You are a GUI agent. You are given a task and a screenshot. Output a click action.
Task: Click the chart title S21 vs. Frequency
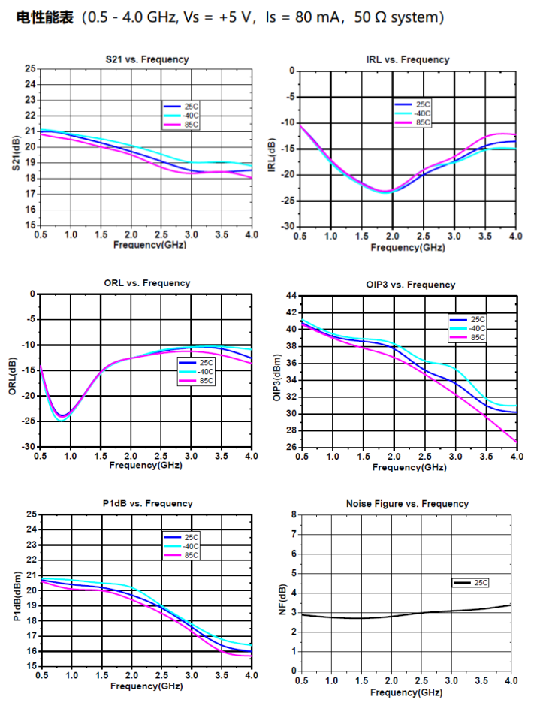(147, 59)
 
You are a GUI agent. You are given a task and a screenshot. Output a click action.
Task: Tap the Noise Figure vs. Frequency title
(407, 503)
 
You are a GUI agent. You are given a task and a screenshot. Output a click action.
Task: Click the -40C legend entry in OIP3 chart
(477, 328)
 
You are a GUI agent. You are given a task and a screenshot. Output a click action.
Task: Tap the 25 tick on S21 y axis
(30, 68)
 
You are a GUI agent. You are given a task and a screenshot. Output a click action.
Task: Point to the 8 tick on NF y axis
(294, 514)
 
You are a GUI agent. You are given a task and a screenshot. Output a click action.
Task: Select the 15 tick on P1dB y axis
(30, 666)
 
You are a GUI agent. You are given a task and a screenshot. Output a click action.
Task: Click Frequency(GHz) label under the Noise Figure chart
(407, 692)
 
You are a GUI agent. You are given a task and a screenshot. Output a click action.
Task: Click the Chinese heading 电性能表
(45, 17)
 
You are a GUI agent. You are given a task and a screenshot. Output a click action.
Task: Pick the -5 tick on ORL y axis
(30, 319)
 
